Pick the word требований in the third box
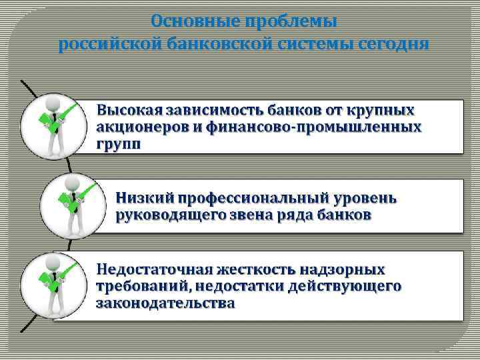pyautogui.click(x=137, y=287)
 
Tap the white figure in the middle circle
pyautogui.click(x=73, y=203)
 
